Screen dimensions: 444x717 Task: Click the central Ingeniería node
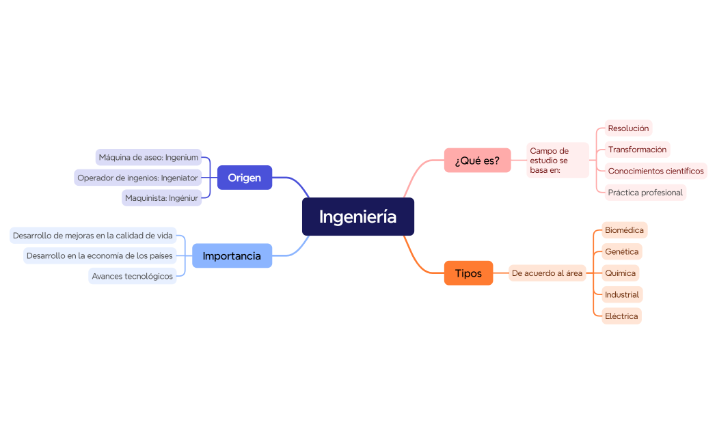click(x=357, y=217)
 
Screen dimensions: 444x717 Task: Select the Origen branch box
click(x=244, y=178)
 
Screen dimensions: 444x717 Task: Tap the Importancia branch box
click(x=232, y=256)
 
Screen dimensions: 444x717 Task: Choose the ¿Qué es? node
click(x=477, y=161)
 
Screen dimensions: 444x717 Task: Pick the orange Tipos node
click(x=468, y=273)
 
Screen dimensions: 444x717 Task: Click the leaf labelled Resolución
click(x=628, y=128)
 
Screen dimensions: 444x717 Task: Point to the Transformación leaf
click(x=637, y=150)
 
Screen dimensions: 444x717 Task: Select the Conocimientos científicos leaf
click(x=655, y=171)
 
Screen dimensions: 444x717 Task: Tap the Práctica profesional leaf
click(x=645, y=193)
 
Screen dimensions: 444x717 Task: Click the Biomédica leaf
click(x=624, y=230)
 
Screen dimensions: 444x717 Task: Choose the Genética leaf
click(x=621, y=251)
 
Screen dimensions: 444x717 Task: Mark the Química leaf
click(x=620, y=273)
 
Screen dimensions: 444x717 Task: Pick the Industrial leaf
click(x=622, y=294)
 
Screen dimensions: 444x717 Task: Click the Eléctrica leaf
click(x=621, y=316)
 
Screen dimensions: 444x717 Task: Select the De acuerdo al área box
click(x=547, y=273)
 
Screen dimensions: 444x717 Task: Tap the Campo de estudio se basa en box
click(x=557, y=161)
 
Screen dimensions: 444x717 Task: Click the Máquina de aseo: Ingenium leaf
click(x=148, y=157)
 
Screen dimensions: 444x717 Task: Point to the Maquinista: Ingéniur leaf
click(x=162, y=198)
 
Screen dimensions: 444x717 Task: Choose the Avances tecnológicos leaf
click(x=132, y=276)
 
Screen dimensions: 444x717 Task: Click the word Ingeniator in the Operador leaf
click(x=179, y=178)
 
